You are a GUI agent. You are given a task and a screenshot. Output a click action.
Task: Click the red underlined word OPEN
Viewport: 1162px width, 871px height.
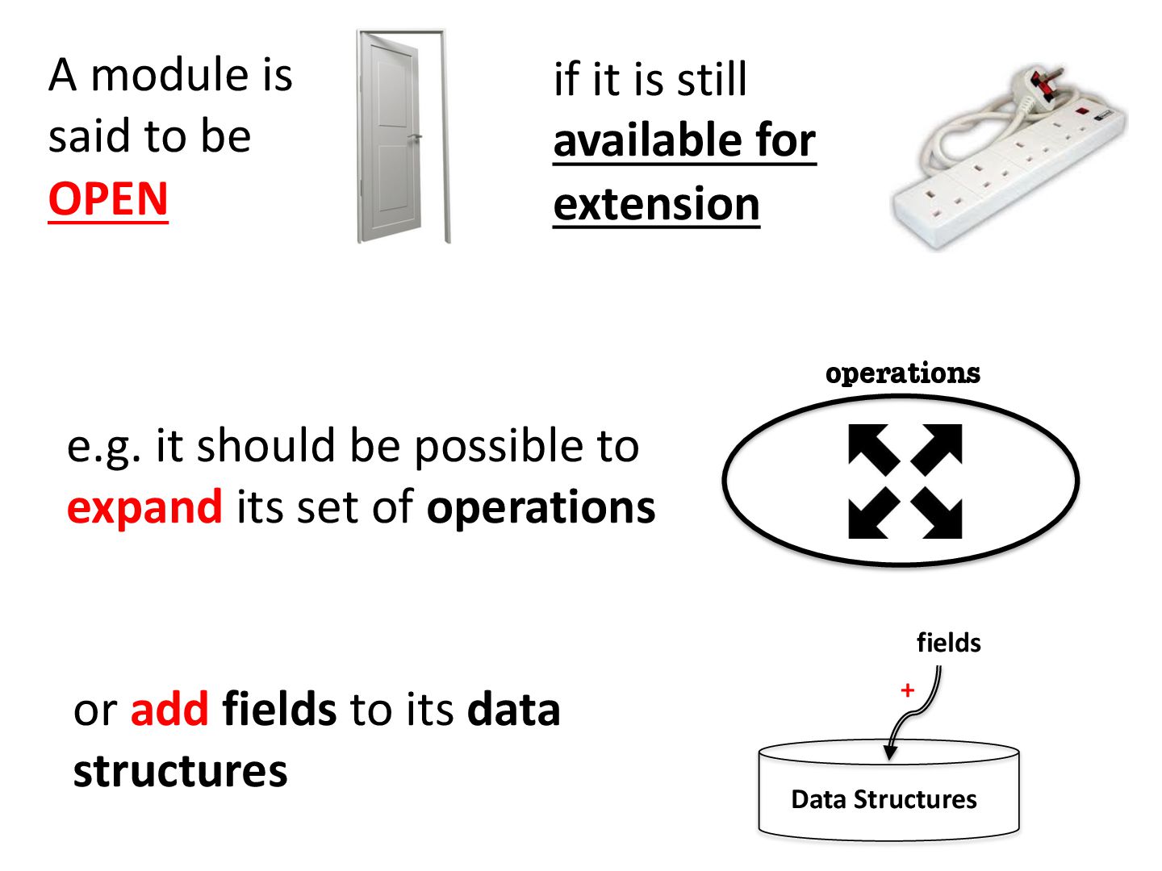click(108, 198)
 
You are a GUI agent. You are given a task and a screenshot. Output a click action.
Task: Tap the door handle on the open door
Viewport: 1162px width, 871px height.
click(415, 138)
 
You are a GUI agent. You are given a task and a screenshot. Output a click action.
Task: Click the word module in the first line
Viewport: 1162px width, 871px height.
click(169, 75)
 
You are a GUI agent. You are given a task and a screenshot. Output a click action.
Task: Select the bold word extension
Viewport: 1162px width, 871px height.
click(656, 204)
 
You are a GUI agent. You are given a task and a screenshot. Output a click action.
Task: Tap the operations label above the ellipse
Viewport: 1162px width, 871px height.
click(902, 373)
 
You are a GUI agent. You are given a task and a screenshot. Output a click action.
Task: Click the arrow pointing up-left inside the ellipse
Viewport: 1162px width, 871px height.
click(872, 448)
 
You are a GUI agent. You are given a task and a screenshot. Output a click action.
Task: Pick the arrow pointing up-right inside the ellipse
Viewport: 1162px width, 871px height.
click(938, 448)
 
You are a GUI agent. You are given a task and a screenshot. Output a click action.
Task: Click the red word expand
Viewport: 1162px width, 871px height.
click(144, 507)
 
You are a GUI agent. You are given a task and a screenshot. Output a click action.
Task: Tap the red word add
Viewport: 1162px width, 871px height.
click(169, 709)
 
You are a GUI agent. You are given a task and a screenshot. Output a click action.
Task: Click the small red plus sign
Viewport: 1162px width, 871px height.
click(908, 690)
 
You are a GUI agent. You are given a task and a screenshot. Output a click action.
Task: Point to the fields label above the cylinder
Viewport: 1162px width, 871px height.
click(948, 643)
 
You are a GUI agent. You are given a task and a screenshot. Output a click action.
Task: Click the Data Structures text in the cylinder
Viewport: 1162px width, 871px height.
click(884, 799)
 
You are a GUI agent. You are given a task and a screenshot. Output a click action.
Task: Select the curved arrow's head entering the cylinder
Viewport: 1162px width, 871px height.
click(890, 752)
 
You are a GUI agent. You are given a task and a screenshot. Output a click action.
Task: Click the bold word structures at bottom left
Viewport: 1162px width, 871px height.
click(180, 771)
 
